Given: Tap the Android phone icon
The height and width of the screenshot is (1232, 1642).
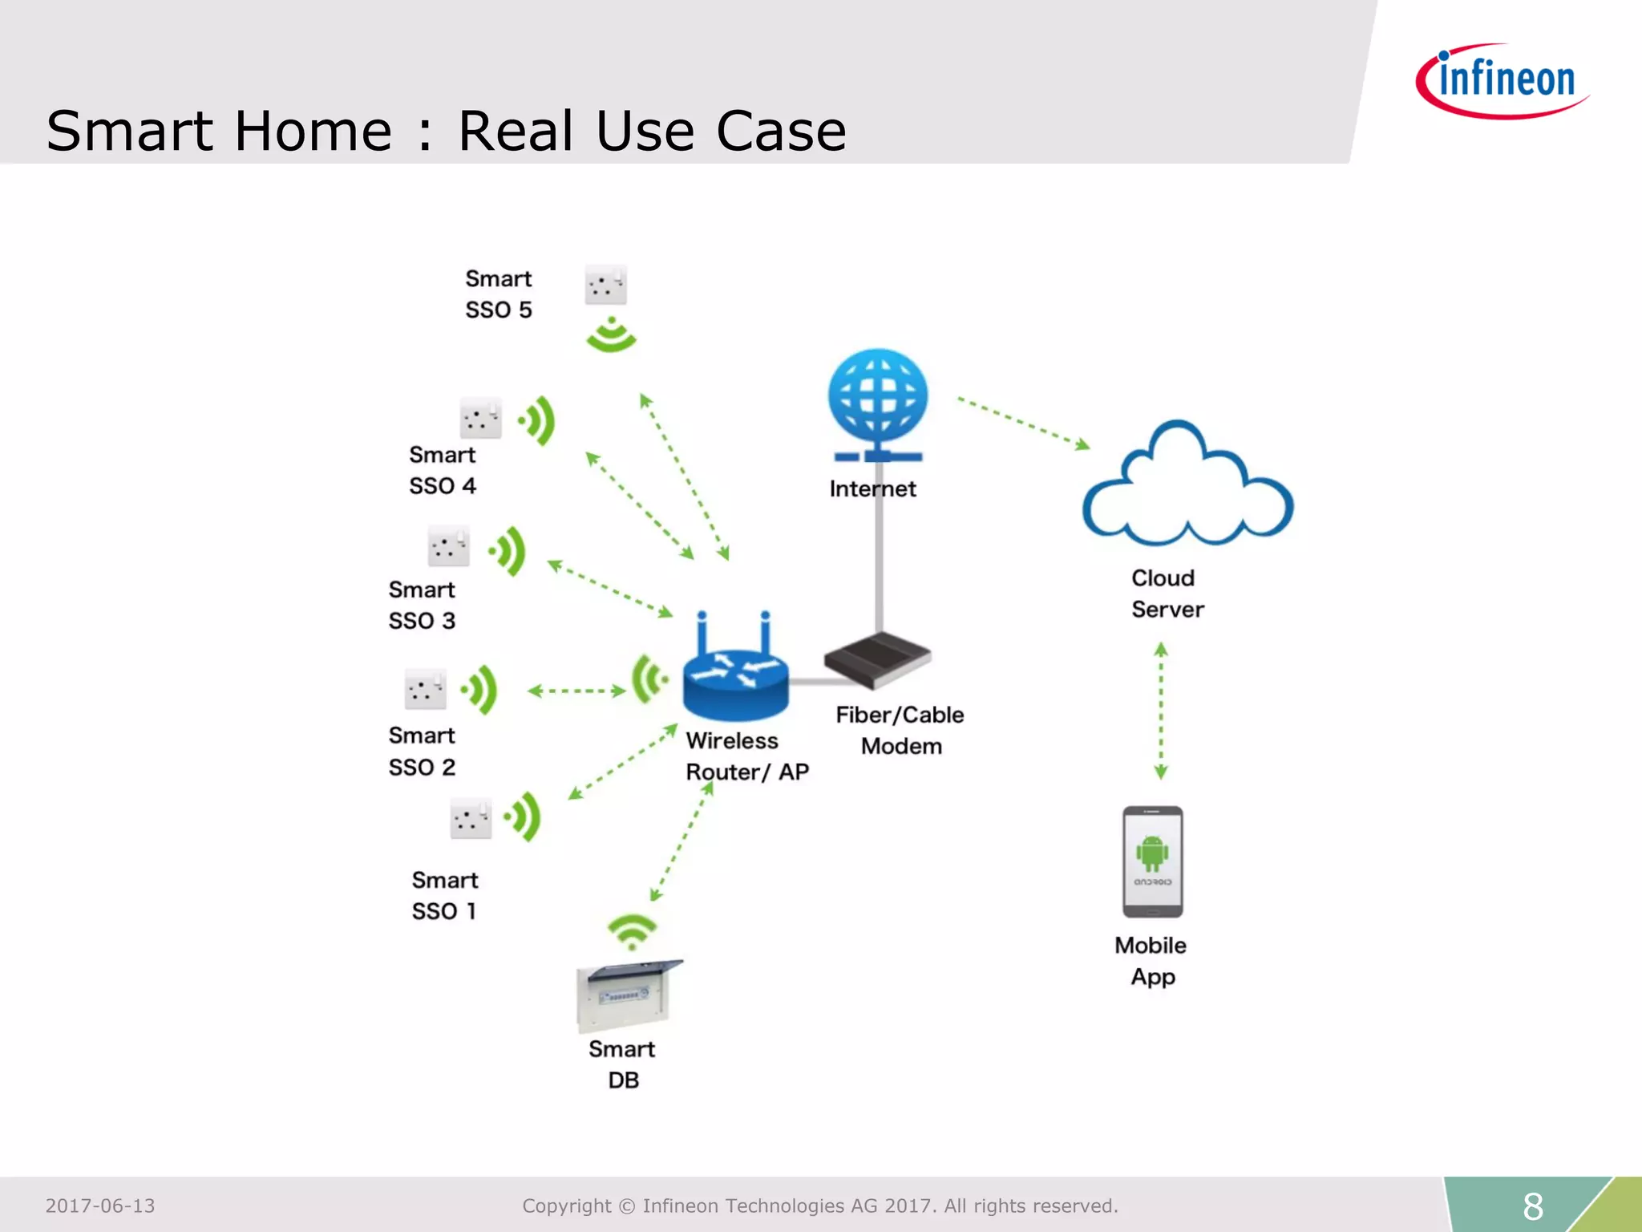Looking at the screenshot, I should tap(1152, 861).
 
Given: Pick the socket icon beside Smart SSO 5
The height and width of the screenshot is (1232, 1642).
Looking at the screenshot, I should tap(605, 285).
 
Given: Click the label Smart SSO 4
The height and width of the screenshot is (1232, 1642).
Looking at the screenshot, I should tap(443, 470).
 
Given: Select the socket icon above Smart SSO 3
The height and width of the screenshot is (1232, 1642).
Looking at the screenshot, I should tap(448, 547).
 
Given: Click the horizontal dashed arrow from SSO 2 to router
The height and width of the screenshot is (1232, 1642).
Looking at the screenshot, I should tap(576, 691).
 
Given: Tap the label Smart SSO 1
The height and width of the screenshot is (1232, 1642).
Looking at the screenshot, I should tap(445, 895).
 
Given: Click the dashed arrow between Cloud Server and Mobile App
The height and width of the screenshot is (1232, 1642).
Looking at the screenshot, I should tap(1160, 711).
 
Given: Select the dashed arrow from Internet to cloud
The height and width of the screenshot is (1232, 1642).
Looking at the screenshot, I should tap(1024, 423).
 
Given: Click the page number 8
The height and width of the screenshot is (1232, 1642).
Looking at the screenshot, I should tap(1532, 1206).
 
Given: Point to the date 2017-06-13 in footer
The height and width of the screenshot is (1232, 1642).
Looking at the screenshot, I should tap(100, 1206).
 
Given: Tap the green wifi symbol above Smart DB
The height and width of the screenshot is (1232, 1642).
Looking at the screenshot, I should tap(632, 931).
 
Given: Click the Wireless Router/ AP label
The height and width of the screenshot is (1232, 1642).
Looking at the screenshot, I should tap(746, 756).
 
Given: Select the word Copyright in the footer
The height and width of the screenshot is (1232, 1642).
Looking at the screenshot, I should tap(566, 1206).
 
